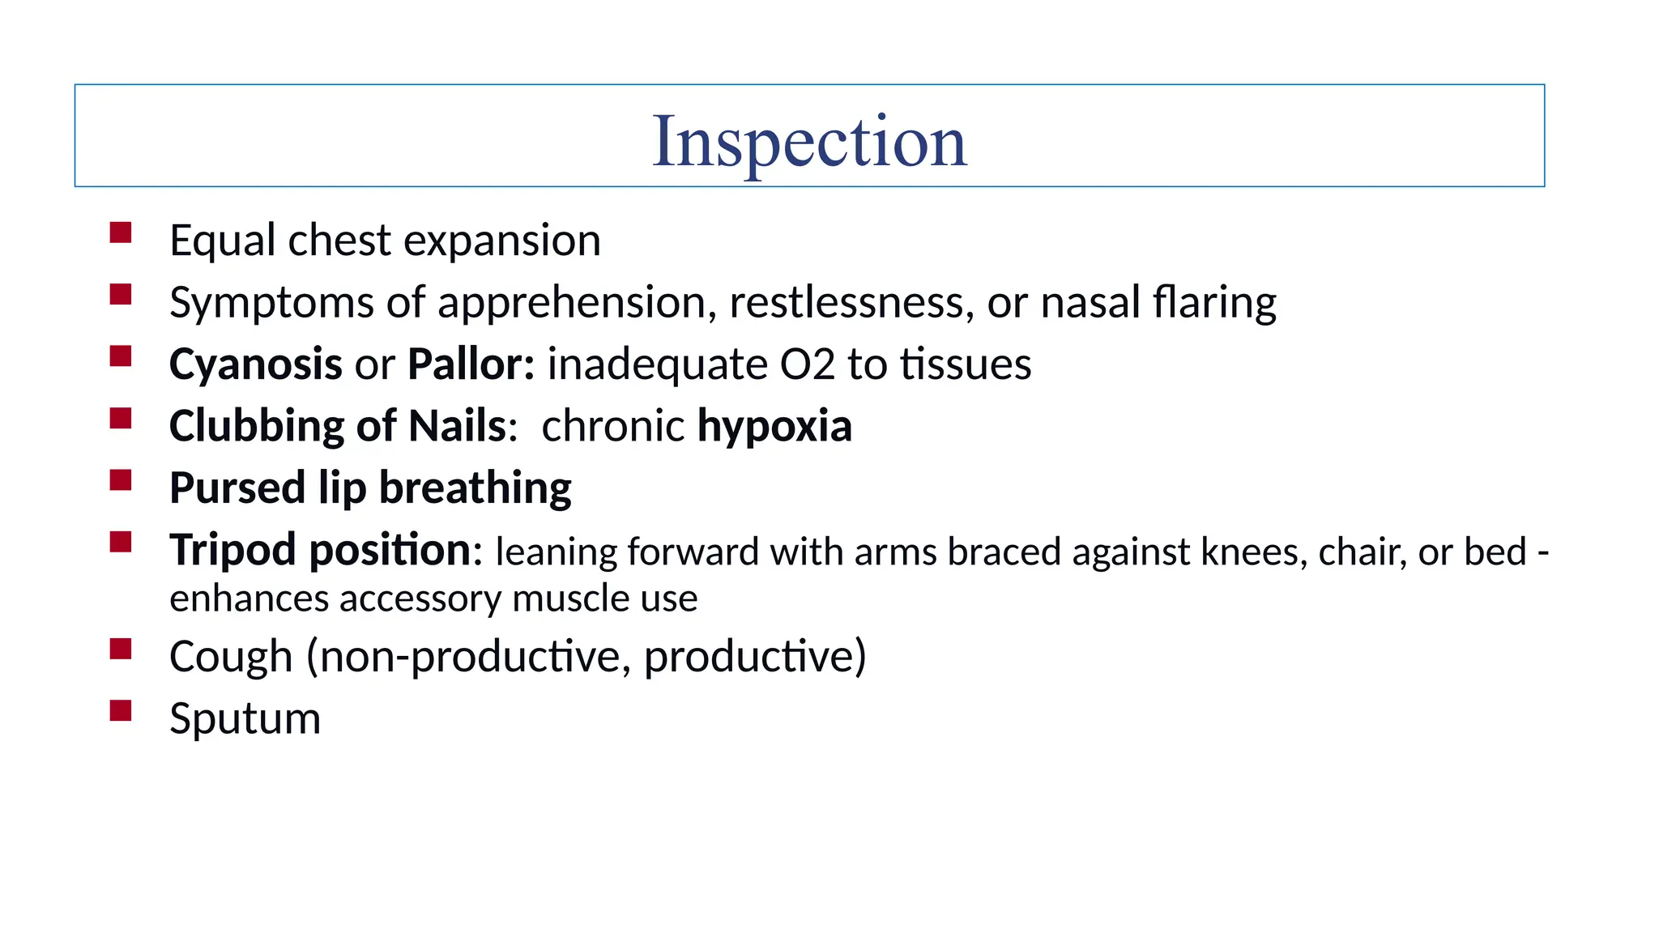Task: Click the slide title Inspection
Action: pyautogui.click(x=809, y=142)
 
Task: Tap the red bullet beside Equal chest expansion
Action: pyautogui.click(x=121, y=233)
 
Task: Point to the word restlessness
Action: pyautogui.click(x=851, y=302)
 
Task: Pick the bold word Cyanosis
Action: pyautogui.click(x=255, y=364)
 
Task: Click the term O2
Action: pyautogui.click(x=807, y=364)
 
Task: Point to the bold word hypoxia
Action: pyautogui.click(x=774, y=427)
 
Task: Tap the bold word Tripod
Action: pyautogui.click(x=232, y=551)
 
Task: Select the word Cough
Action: pyautogui.click(x=231, y=656)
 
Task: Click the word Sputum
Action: pyautogui.click(x=245, y=719)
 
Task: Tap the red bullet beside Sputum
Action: pyautogui.click(x=121, y=710)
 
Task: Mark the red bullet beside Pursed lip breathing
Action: pyautogui.click(x=121, y=480)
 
